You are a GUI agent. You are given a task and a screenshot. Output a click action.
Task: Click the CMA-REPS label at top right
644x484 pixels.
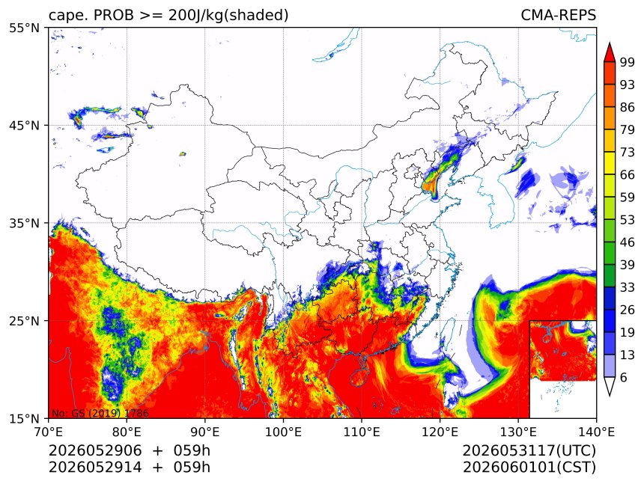(558, 15)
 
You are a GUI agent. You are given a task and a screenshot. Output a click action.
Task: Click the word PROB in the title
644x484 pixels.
(114, 15)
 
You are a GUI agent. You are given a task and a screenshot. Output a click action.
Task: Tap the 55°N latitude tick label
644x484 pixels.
(24, 28)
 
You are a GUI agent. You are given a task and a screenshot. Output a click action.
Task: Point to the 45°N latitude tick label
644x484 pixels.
(24, 126)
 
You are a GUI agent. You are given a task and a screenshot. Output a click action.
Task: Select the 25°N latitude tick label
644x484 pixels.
(24, 321)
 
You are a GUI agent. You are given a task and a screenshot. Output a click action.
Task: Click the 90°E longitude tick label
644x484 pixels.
(205, 432)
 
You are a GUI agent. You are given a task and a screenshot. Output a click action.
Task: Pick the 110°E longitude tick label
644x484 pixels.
(362, 432)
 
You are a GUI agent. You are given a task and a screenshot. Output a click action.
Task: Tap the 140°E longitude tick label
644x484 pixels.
(596, 432)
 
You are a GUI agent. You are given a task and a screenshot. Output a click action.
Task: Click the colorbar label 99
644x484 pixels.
(628, 63)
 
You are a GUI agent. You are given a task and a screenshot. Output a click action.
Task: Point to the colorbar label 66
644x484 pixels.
(628, 175)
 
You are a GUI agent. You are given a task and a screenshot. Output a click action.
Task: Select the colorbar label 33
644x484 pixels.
(628, 287)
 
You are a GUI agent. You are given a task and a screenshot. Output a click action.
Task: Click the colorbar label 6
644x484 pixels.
(624, 377)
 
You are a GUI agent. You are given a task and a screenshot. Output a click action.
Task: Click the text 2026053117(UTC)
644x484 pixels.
(529, 451)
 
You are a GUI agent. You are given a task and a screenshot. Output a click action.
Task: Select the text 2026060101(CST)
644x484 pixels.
(529, 468)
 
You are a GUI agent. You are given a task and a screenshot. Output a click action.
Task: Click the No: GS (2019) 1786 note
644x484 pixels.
(100, 413)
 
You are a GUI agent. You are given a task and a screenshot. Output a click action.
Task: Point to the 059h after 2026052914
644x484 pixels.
(192, 468)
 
